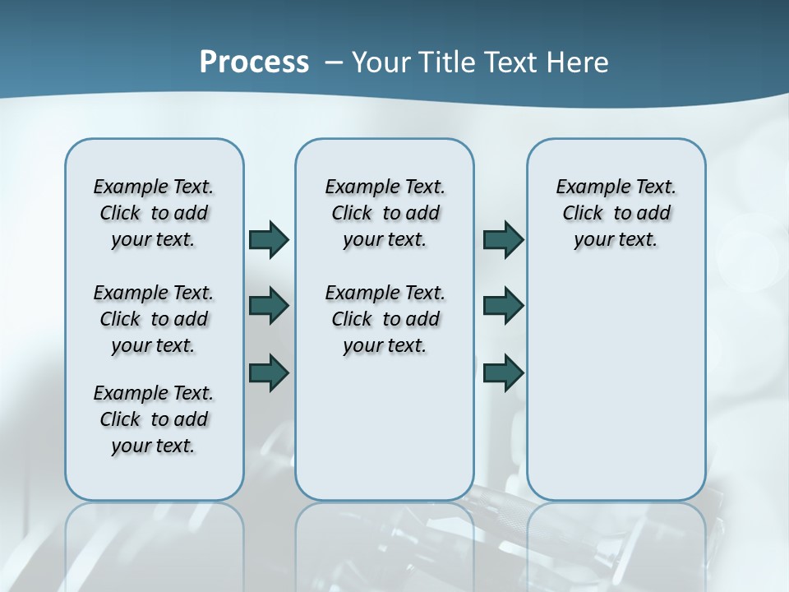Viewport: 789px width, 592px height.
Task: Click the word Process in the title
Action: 254,62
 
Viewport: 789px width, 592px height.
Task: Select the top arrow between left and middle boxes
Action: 269,239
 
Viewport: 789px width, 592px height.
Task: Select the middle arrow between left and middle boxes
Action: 269,306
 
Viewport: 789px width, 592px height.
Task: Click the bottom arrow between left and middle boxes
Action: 269,372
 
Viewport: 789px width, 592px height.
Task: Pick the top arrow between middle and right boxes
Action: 503,239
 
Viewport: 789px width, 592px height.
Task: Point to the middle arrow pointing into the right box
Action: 503,306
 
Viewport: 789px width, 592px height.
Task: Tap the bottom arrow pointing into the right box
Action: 503,372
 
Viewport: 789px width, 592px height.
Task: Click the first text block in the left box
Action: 154,213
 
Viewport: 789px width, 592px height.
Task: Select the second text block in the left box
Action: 154,319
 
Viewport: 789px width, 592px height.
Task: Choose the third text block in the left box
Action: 154,419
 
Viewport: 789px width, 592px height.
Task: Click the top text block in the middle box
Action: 385,213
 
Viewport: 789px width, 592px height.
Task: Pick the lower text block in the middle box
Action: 385,319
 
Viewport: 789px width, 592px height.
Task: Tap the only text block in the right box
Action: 616,213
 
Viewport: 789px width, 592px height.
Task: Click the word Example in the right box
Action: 584,187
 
